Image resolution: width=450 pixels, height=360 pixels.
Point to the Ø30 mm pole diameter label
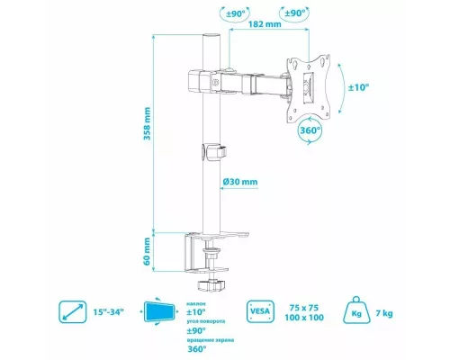click(240, 181)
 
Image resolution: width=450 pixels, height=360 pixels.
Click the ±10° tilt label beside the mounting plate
click(358, 87)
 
